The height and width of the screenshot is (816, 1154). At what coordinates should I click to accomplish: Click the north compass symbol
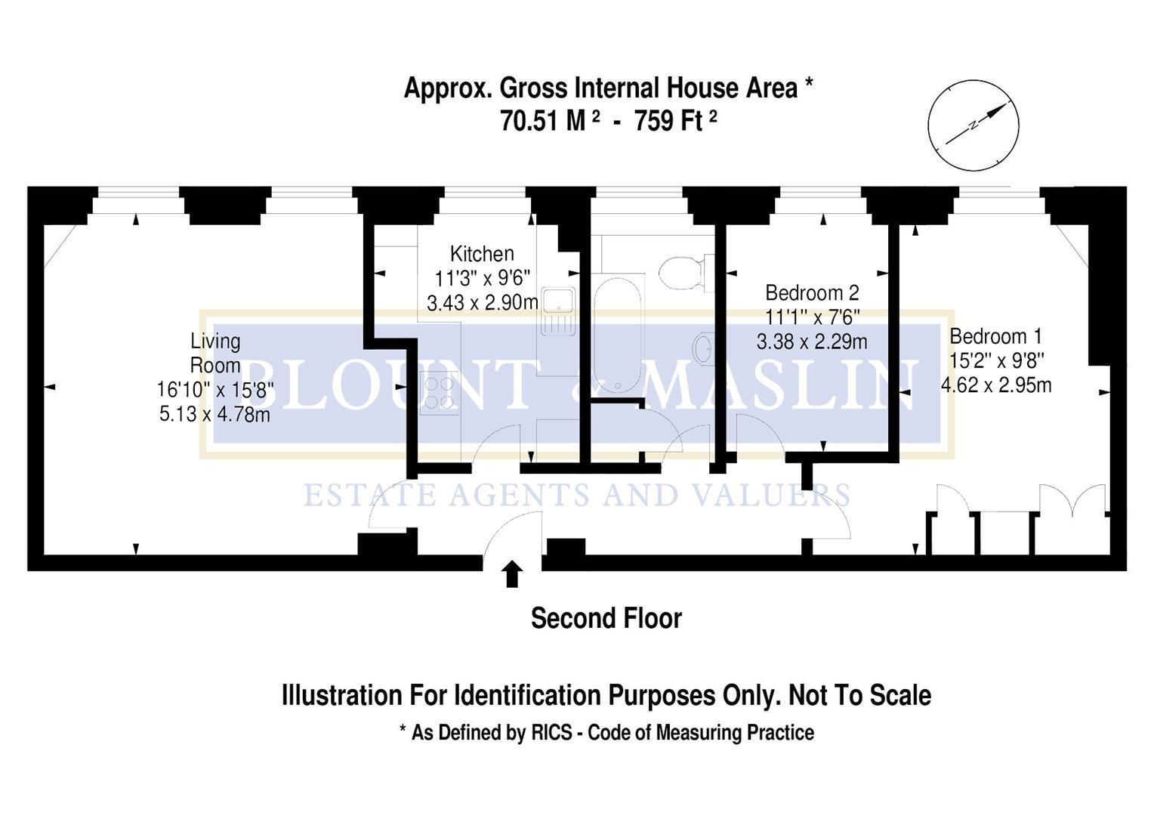click(973, 125)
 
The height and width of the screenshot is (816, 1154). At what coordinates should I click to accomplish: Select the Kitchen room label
click(482, 254)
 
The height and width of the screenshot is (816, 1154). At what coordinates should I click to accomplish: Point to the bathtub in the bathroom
click(617, 332)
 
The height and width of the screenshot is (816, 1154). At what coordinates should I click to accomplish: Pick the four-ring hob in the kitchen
click(439, 393)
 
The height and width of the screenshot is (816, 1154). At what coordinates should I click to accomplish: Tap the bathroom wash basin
click(703, 349)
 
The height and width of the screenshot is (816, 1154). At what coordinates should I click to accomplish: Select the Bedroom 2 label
click(812, 293)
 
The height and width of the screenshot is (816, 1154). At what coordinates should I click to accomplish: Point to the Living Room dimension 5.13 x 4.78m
click(214, 414)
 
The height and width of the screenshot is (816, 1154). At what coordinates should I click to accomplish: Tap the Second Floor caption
click(606, 619)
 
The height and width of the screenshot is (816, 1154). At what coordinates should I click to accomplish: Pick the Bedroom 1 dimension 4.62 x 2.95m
click(995, 385)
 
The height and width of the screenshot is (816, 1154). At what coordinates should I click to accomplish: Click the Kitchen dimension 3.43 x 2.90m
click(482, 303)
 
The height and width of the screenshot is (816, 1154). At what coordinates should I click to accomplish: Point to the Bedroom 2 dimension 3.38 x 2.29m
click(812, 342)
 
